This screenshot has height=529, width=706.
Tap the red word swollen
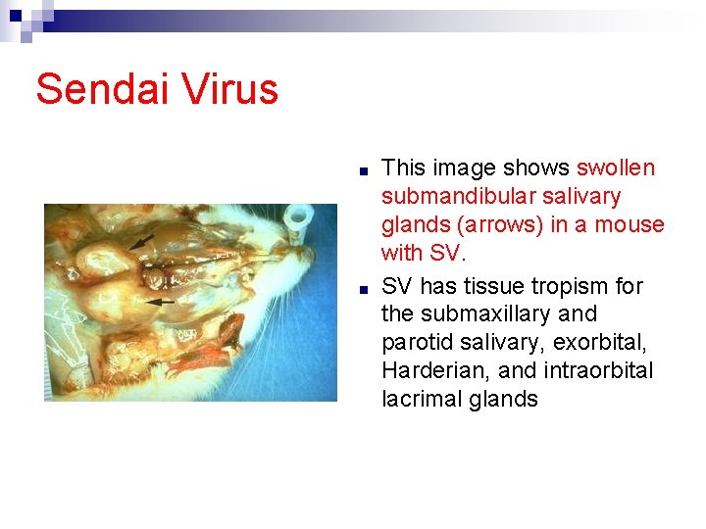616,168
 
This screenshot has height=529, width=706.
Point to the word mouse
631,225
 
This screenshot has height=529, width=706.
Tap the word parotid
419,343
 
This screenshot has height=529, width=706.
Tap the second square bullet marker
363,289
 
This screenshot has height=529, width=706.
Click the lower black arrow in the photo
160,303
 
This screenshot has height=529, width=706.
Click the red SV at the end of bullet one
443,254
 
